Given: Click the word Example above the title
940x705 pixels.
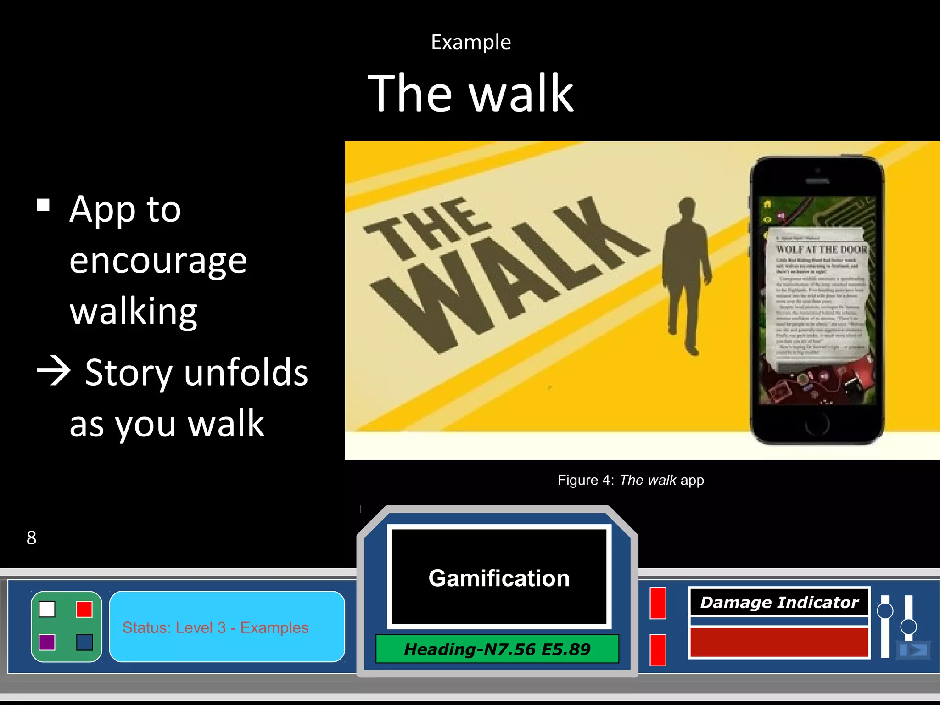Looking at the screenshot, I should coord(470,42).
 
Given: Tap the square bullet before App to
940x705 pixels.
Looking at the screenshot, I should coord(43,205).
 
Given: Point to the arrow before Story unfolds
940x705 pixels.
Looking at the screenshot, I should coord(54,371).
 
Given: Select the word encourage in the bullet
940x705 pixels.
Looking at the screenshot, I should coord(158,261).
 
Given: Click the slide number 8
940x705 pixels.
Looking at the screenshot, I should coord(31,537).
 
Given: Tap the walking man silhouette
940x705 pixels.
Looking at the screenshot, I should coord(686,275).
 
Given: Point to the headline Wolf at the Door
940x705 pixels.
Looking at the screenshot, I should coord(821,249).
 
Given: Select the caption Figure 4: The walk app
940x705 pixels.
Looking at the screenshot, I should coord(630,480).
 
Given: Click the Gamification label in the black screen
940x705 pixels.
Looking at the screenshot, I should coord(499,578).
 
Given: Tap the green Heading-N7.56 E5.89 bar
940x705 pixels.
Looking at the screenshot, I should coord(497,649).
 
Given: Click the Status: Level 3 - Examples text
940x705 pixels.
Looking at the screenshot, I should coord(215,627).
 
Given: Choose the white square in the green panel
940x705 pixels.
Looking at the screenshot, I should coord(47,609).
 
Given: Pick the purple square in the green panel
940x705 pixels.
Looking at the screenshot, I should coord(47,642).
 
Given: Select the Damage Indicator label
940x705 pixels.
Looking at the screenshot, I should coord(779,602).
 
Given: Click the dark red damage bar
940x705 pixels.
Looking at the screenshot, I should coord(779,642).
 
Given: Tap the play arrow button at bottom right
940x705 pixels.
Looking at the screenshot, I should coord(913,650).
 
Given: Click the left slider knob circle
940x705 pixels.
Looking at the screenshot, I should coord(884,611).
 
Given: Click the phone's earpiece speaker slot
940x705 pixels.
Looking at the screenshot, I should coord(817,181).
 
